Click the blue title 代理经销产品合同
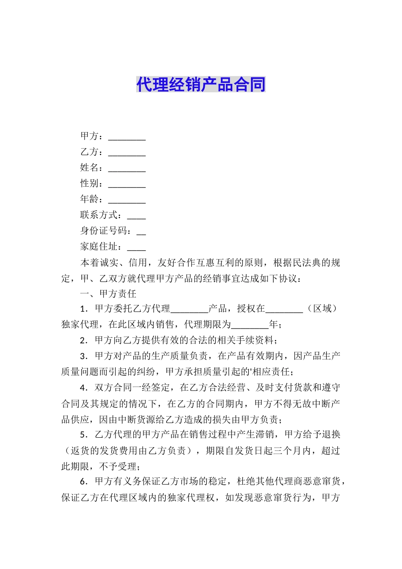pos(201,84)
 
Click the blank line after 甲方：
pos(127,138)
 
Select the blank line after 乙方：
pos(127,153)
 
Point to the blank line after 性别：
pos(127,185)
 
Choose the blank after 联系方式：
pos(136,216)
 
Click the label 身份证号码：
pos(106,231)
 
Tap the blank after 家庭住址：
pos(136,248)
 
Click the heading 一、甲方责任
pos(108,294)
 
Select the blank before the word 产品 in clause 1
pos(189,310)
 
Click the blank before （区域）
pos(284,310)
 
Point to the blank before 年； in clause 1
pos(250,326)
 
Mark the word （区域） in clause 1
pos(322,309)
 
